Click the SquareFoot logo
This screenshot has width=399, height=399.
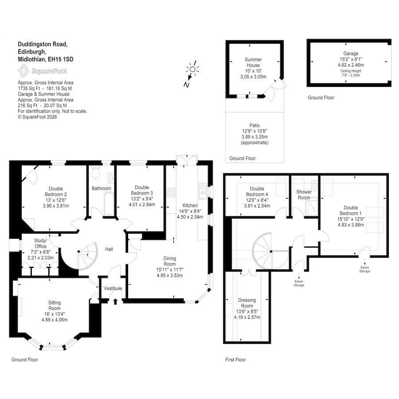coord(43,71)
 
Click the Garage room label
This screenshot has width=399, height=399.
coord(351,54)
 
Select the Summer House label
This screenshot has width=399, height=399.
coord(253,63)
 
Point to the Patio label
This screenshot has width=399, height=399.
coord(254,125)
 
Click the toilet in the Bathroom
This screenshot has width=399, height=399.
coord(96,173)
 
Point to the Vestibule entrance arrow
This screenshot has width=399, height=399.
coord(115,301)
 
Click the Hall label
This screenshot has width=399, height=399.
coord(109,249)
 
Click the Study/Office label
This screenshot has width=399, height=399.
coord(40,243)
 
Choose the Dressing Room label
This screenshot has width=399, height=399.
coord(247,303)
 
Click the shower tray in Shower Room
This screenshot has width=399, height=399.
coord(311,206)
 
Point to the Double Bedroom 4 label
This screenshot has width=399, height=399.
coord(257,192)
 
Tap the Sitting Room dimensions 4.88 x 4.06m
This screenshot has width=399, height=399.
coord(55,320)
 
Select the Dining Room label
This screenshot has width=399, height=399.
coord(170,261)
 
